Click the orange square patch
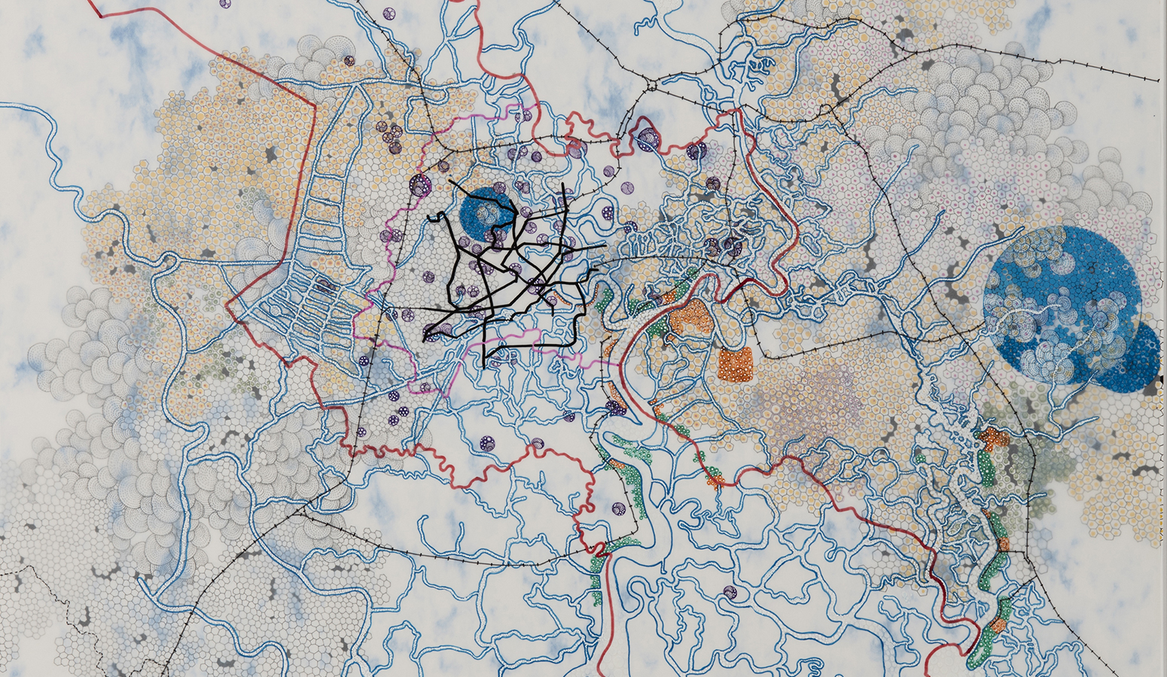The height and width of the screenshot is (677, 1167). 735,364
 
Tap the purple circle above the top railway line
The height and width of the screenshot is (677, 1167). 389,14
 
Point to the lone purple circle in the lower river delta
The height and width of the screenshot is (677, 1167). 729,592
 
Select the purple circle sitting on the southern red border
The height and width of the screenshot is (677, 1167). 538,444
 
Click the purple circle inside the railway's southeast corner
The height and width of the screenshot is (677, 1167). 617,509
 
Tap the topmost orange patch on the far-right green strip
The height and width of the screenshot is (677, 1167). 994,439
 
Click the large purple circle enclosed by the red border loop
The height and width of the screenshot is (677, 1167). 647,138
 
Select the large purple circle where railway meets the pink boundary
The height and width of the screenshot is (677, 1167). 420,184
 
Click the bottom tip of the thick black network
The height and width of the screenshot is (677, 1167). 483,366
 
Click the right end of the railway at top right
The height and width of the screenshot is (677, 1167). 1157,80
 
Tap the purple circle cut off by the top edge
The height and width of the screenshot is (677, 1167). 225,3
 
